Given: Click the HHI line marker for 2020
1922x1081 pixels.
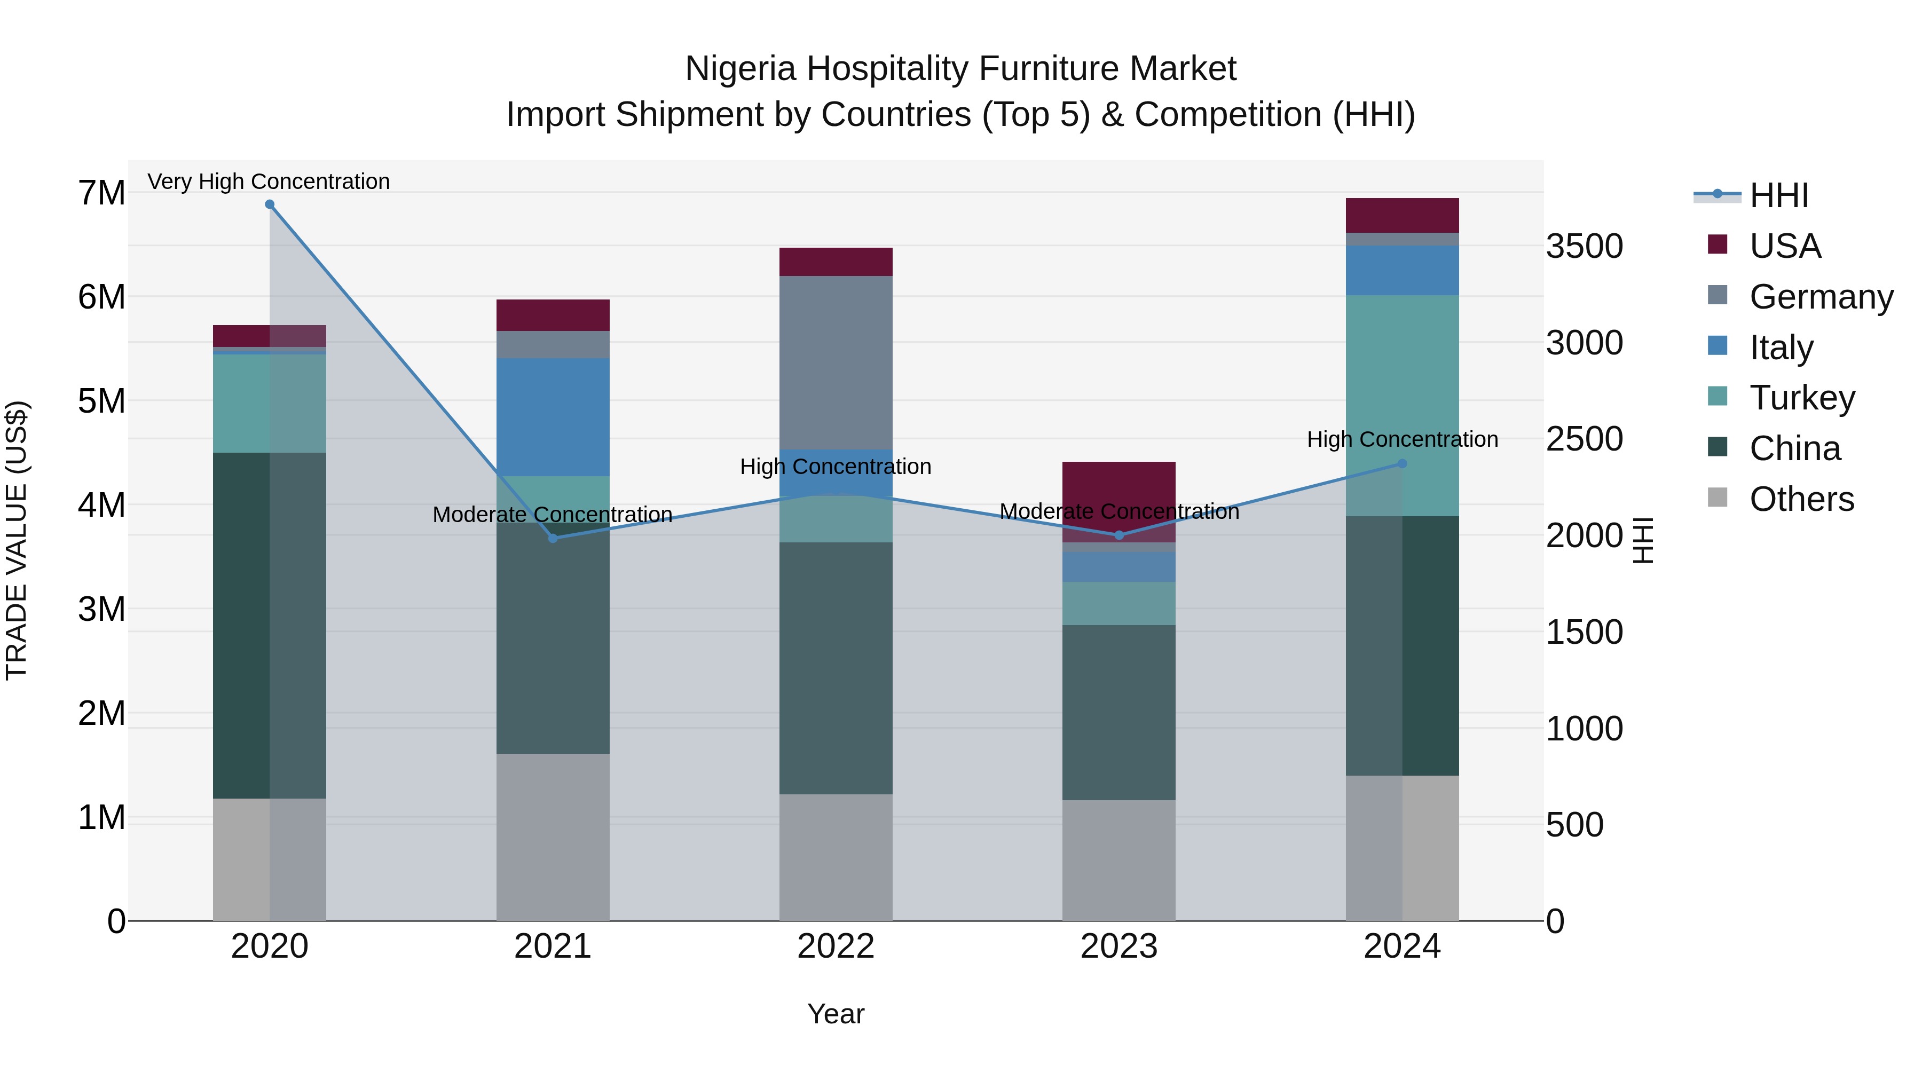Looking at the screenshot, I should pos(270,204).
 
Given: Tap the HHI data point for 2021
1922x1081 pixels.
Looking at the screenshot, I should pos(553,538).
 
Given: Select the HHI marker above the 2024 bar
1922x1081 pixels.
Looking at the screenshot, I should pos(1402,463).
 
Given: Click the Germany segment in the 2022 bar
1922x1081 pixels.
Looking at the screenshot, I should pos(836,362).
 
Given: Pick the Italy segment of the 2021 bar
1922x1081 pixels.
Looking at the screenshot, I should pos(553,416).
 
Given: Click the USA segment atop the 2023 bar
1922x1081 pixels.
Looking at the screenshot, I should pos(1118,492).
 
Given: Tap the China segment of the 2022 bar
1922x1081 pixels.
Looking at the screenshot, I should pos(836,668).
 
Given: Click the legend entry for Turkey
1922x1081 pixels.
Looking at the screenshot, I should pos(1801,398).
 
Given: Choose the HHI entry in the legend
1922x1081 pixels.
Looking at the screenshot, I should pos(1779,195).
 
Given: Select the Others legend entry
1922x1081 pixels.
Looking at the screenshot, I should pos(1801,499).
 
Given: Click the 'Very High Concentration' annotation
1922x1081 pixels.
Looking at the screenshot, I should pos(269,182).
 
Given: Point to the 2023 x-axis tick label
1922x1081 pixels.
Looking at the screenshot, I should pos(1118,946).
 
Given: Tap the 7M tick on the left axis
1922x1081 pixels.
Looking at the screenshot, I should pos(102,193).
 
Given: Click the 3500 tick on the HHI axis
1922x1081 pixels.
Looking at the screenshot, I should pos(1584,246).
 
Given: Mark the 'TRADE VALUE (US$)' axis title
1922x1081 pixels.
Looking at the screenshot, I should pos(17,540).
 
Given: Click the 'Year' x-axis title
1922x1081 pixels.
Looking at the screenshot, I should pos(836,1014).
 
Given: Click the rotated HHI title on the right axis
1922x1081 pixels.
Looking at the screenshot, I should pos(1644,540).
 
